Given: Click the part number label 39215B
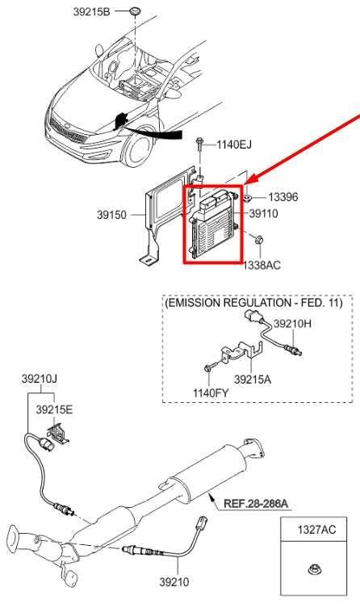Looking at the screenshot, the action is coord(91,12).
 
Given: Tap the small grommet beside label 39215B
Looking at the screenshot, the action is coord(135,10).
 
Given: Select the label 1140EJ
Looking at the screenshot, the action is coord(234,145).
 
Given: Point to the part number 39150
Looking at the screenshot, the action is coord(111,215).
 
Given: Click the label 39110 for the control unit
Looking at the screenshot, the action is coord(264,213).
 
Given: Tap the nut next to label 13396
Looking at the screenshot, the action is coord(247,198).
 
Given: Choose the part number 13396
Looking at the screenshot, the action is coord(283,197).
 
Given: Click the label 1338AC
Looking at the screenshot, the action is coord(262,265).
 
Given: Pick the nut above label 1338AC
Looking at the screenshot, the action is coord(259,241).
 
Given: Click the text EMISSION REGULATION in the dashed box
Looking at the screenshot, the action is coord(228,303).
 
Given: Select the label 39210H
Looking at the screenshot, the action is coord(292,324).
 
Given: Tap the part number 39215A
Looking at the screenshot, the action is coord(253,380).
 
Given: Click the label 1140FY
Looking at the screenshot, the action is coord(210,393).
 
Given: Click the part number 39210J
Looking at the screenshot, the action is coord(39,379).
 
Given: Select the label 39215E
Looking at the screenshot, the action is coord(54,410).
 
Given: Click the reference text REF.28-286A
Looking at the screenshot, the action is coord(256,503).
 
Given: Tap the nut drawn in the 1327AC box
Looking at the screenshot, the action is coord(315,569).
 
